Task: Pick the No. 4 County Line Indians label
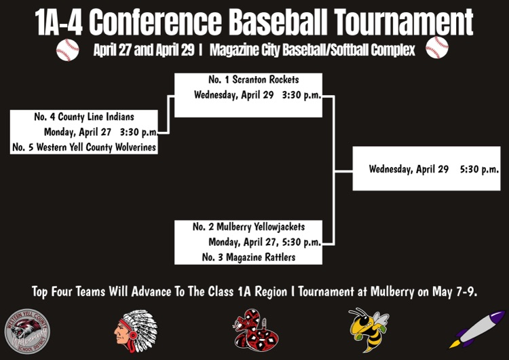click(x=84, y=118)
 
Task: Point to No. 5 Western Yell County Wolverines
click(x=84, y=147)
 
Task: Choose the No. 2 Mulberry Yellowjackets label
click(x=248, y=227)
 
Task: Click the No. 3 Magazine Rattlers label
click(x=248, y=257)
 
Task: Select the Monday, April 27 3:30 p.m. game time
click(x=101, y=132)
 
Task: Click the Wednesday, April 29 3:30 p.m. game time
click(x=257, y=95)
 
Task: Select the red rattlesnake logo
click(x=252, y=330)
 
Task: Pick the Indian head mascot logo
click(x=136, y=329)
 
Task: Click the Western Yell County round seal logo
click(x=26, y=331)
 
